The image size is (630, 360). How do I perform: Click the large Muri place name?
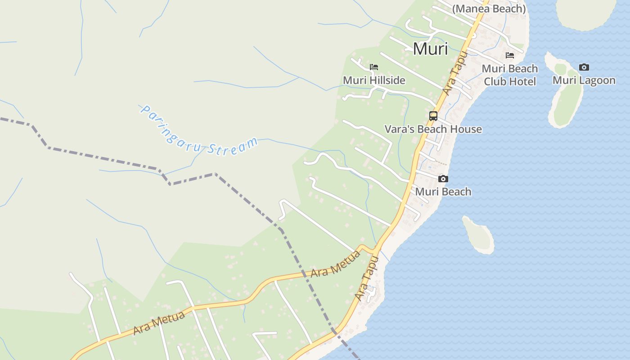[430, 49]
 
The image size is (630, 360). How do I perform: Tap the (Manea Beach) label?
[489, 9]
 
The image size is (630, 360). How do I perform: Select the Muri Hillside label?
[374, 80]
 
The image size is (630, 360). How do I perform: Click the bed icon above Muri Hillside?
[374, 67]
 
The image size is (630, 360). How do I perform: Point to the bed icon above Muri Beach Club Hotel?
[510, 55]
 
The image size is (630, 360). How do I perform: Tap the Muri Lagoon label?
[584, 80]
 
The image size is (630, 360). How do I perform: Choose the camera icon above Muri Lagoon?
[584, 67]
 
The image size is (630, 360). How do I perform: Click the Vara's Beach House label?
[433, 129]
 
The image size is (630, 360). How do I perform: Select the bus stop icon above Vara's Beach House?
[433, 116]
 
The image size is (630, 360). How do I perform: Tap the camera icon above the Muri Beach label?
[443, 179]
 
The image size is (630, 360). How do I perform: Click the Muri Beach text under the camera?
[443, 192]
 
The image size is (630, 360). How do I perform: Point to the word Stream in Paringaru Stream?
[233, 147]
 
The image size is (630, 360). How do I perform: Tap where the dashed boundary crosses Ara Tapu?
[335, 332]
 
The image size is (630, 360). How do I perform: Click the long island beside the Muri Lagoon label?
[565, 97]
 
